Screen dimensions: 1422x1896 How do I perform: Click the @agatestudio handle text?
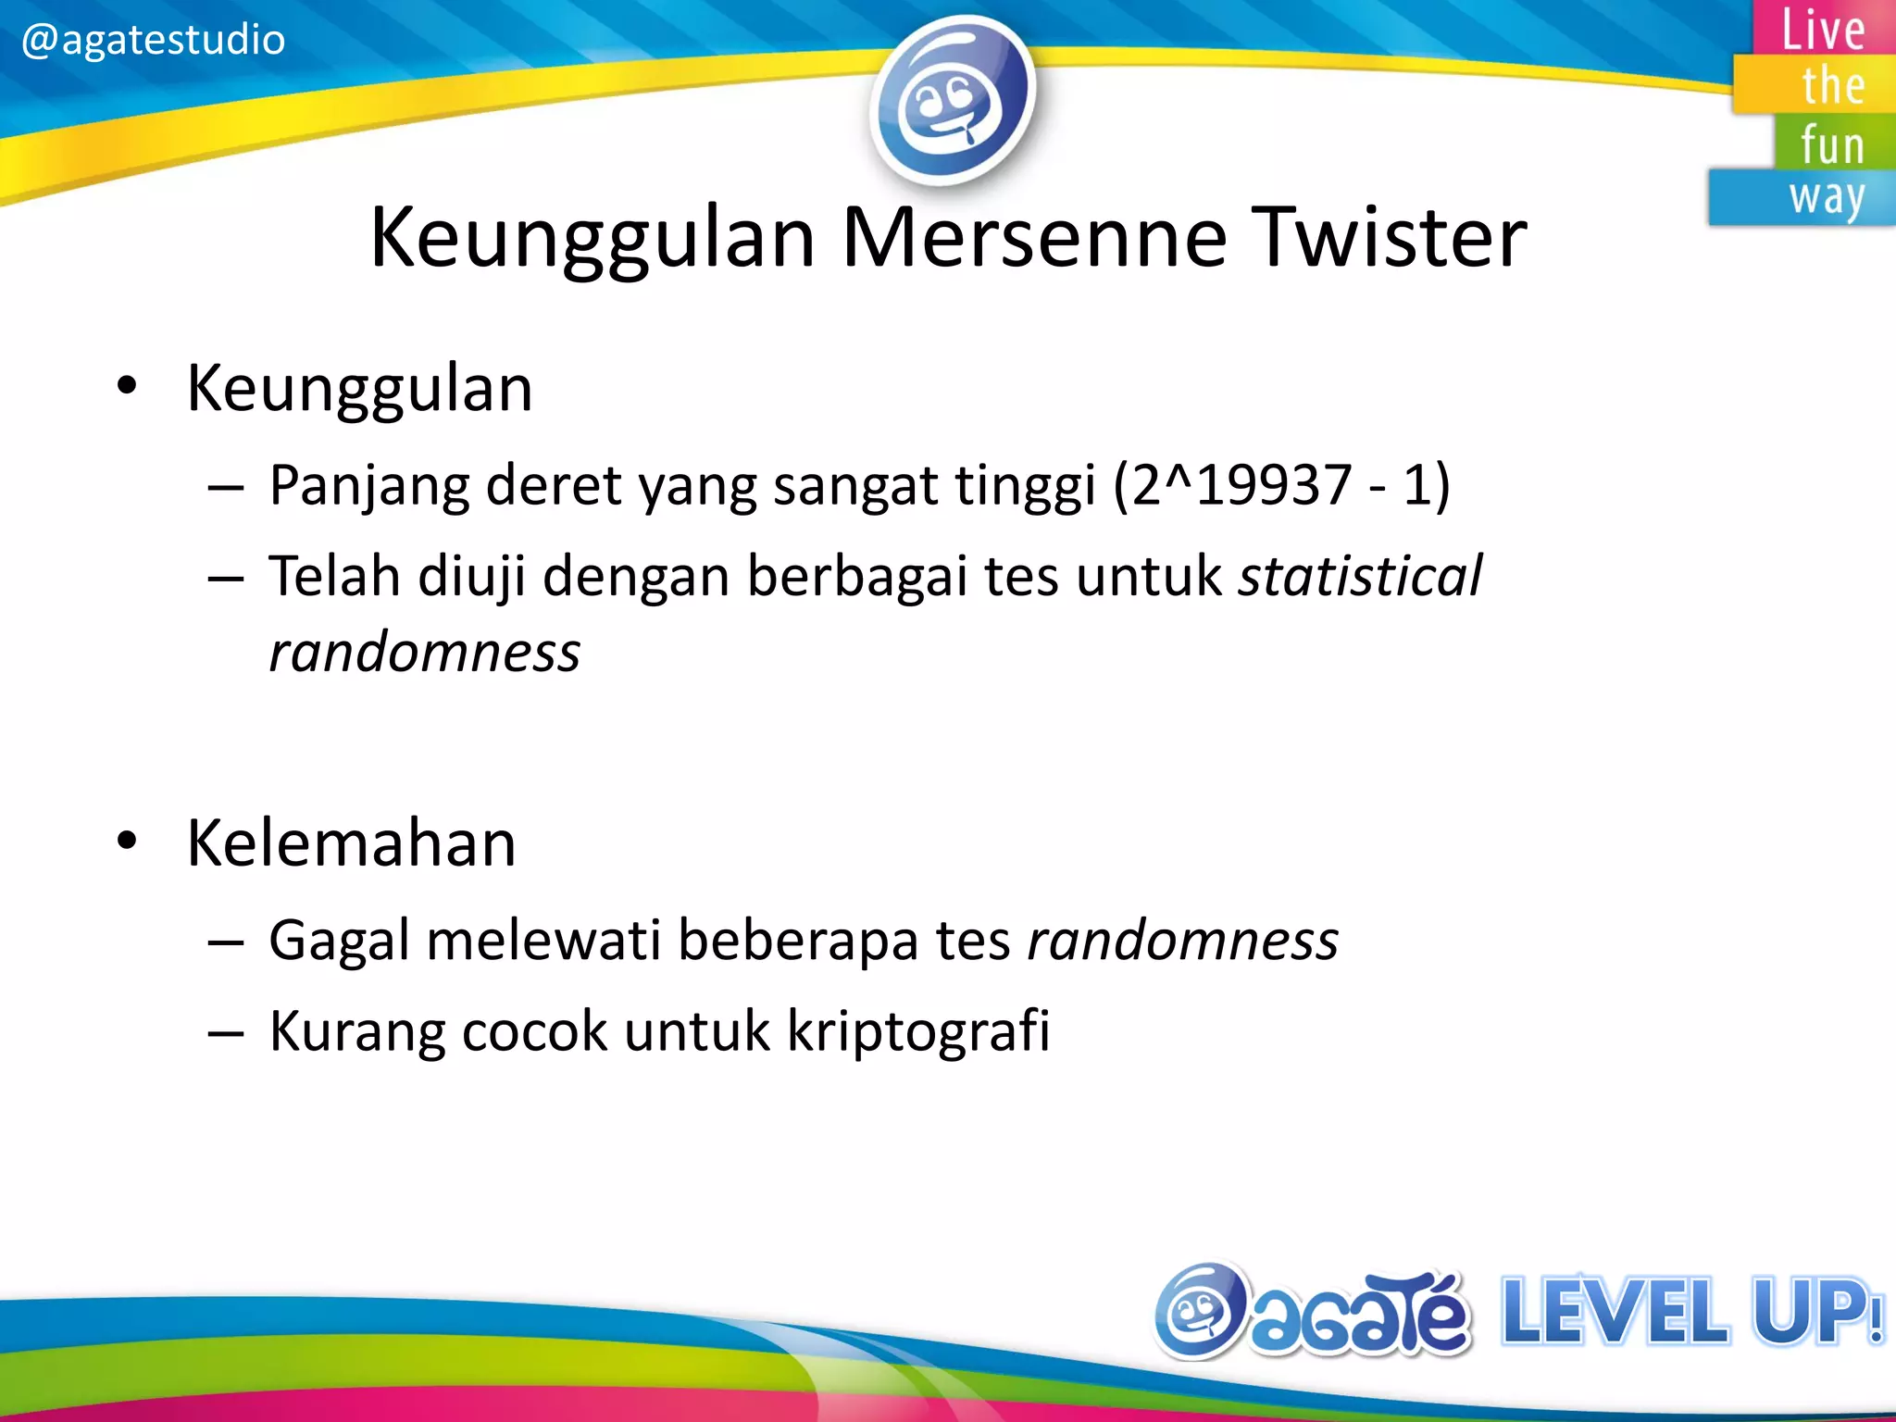point(153,40)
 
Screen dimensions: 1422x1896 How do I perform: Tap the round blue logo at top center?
point(953,100)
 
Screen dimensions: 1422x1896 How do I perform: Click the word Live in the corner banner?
point(1823,30)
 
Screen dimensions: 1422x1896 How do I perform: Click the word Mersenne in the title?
point(1033,238)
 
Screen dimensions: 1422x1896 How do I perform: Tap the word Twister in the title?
point(1389,238)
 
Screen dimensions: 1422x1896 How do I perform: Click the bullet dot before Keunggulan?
point(127,385)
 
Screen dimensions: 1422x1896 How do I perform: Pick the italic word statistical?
point(1360,576)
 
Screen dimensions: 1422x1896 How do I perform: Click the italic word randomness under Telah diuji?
point(424,652)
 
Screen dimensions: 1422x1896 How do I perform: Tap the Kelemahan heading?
point(351,842)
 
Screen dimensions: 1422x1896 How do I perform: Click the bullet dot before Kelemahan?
point(127,841)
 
